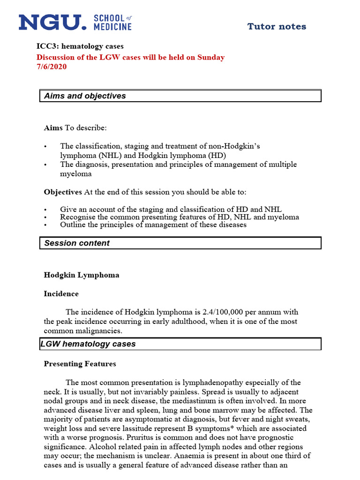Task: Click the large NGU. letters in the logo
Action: coord(52,22)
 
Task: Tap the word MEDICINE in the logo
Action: coord(113,27)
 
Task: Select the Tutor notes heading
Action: coord(277,27)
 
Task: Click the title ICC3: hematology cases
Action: coord(80,46)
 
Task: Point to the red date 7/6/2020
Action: coord(52,67)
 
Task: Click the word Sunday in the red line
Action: coord(211,57)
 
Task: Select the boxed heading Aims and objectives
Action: coord(85,96)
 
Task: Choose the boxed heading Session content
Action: coord(77,243)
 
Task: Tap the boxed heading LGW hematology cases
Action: coord(88,344)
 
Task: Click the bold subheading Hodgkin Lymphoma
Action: coord(82,275)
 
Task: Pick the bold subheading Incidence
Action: coord(61,294)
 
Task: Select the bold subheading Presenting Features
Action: coord(80,364)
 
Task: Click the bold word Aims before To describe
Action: coord(53,127)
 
